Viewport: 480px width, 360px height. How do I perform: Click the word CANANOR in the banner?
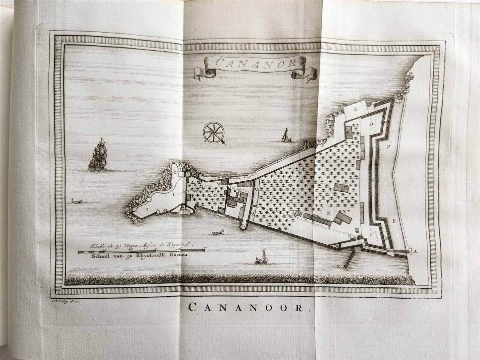254,63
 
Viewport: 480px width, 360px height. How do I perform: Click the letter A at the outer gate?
415,251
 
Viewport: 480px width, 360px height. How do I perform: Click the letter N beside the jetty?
338,266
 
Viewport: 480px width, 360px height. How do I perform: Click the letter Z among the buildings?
328,214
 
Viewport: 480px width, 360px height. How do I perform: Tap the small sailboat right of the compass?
285,135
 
